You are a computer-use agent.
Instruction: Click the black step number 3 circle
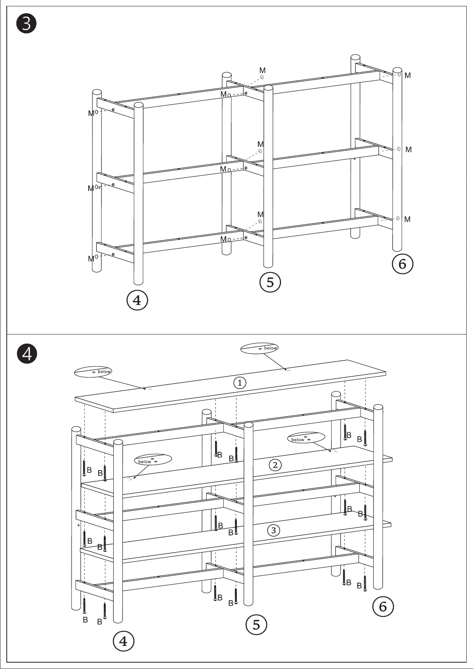pos(26,24)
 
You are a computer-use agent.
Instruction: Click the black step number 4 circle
pos(26,354)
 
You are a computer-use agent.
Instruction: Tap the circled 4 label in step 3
pos(137,300)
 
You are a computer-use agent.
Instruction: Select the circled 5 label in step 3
pos(270,282)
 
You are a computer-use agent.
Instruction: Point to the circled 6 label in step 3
pos(402,264)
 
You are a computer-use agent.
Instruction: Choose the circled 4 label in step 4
pos(124,641)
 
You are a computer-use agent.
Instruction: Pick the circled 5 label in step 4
pos(256,624)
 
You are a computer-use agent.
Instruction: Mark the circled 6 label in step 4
pos(383,606)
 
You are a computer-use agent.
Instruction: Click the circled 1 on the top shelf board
pos(240,383)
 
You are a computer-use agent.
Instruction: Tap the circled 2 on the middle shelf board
pos(275,465)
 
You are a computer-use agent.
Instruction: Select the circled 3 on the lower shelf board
pos(273,530)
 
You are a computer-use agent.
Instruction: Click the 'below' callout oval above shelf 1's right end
pos(259,348)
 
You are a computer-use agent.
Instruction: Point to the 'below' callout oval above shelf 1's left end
pos(93,371)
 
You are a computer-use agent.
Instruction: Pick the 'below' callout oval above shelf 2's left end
pos(153,459)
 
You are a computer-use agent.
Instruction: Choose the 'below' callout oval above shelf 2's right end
pos(306,438)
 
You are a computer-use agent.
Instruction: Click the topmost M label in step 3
pos(262,71)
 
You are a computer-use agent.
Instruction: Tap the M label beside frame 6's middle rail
pos(408,150)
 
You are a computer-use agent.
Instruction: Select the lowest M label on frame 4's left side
pos(91,259)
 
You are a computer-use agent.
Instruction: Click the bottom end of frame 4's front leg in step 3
pos(138,282)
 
